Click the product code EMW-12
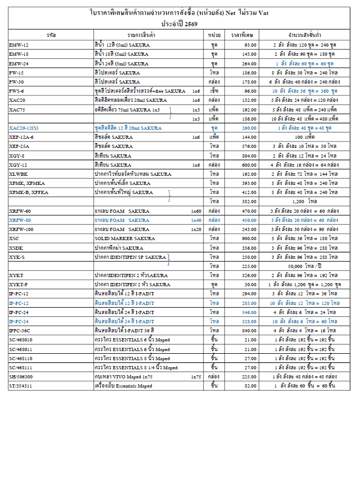coord(19,45)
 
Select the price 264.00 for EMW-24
coord(249,63)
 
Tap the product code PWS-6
coord(17,91)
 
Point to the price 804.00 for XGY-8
coord(249,155)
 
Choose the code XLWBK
coord(18,174)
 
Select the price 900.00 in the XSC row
coord(249,238)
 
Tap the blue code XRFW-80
coord(20,220)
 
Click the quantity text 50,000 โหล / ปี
coord(304,266)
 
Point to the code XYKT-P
coord(18,284)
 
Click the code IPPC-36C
coord(20,330)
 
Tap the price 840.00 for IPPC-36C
coord(249,330)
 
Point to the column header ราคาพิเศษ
coord(242,34)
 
